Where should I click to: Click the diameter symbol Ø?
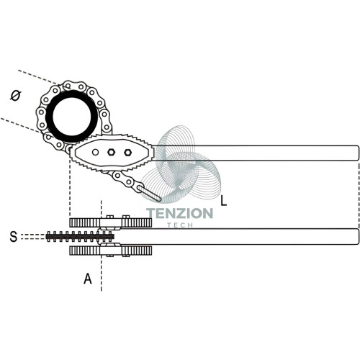16,96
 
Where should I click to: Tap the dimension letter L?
223,201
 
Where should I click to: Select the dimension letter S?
14,236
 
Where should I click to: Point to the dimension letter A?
88,279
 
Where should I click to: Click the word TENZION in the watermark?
180,213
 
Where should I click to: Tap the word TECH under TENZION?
180,225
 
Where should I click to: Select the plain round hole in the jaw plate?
95,152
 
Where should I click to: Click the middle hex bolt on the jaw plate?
111,152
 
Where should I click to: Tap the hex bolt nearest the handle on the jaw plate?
127,152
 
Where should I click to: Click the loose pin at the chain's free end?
150,194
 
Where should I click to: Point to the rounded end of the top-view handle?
357,153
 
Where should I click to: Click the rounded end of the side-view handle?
357,237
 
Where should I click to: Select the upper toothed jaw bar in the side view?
111,222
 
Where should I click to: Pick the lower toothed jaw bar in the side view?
111,251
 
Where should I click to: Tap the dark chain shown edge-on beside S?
80,237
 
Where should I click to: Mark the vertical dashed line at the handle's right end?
359,196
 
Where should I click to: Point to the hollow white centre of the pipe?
71,117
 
